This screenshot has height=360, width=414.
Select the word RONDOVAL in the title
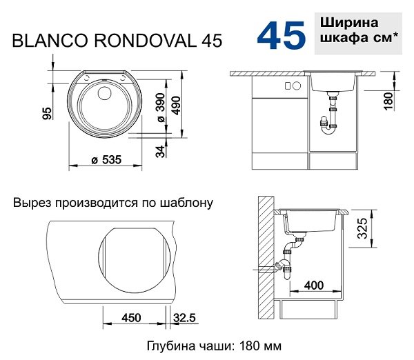coord(145,41)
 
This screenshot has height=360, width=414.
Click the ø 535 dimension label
coord(106,160)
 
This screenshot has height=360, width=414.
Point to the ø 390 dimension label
coord(161,108)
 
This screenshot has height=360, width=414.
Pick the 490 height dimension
coord(176,106)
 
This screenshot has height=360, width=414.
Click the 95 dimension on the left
coord(47,113)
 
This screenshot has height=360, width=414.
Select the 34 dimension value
coord(160,151)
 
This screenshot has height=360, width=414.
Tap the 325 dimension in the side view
coord(362,228)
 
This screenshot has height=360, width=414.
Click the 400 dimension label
coord(314,286)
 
